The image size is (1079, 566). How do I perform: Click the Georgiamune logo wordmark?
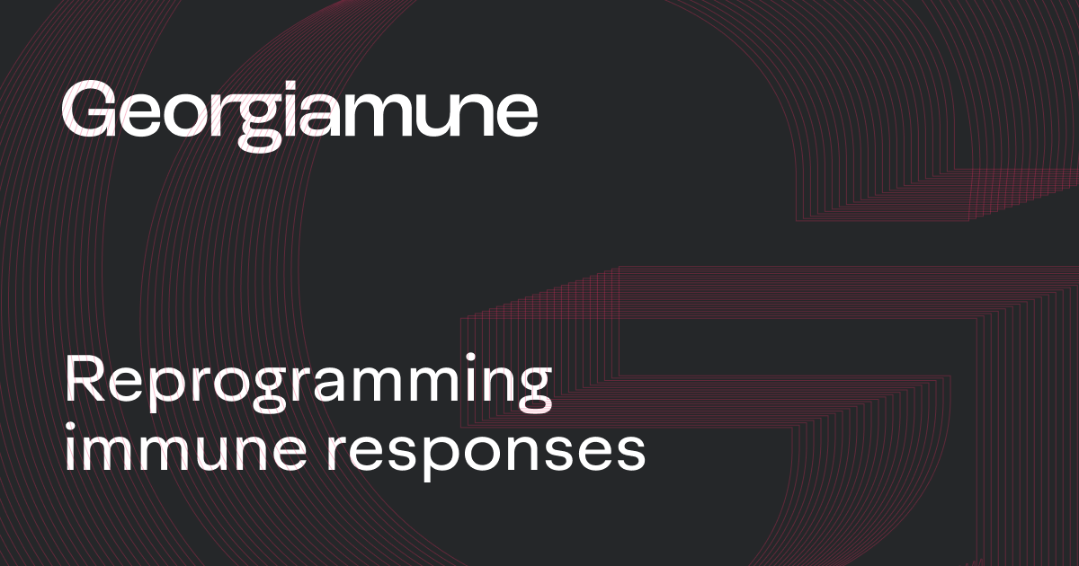tap(299, 112)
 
